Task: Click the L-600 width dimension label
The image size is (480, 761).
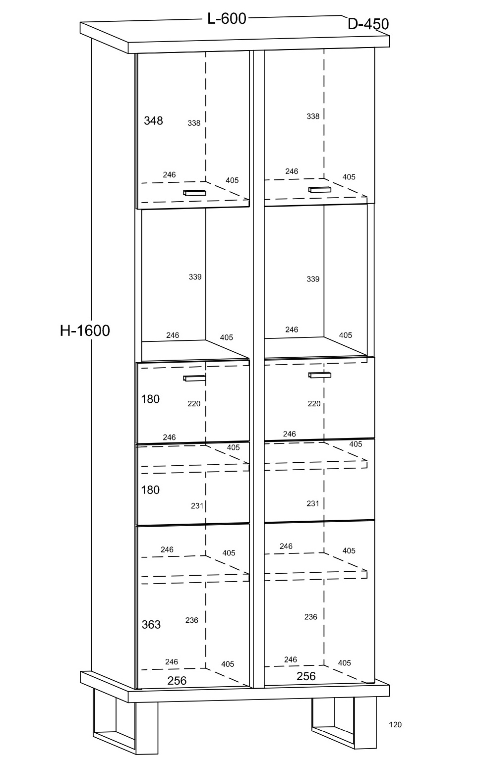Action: (227, 18)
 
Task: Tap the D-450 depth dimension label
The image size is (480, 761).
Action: (368, 24)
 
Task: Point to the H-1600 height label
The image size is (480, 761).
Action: (85, 330)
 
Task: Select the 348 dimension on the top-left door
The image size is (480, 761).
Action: (153, 120)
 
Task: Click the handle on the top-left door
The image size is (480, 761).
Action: (194, 193)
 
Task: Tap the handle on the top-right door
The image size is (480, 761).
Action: (319, 189)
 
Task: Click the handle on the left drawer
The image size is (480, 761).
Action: (194, 378)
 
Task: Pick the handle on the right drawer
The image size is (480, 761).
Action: (319, 375)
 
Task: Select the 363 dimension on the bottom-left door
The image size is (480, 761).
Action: (151, 625)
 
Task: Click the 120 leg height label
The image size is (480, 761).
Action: (395, 725)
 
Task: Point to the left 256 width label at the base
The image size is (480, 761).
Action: (177, 681)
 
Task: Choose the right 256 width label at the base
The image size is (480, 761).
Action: (306, 676)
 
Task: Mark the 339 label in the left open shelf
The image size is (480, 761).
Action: (195, 277)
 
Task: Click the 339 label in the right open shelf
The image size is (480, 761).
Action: (313, 279)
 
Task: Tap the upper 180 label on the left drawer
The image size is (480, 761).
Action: (150, 399)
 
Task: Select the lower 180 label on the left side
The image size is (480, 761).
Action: (150, 490)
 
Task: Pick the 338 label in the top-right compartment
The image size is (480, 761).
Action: (313, 116)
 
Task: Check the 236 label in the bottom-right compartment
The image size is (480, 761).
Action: (311, 617)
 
